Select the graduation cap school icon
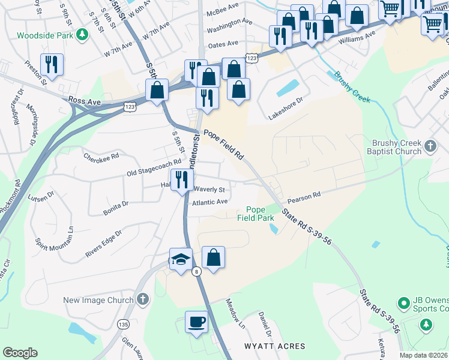coord(181,259)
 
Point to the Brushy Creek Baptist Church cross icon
coord(430,146)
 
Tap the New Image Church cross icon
coord(143,298)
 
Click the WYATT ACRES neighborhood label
coord(275,346)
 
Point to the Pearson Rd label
coord(304,196)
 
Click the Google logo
coord(20,353)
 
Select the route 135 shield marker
coord(123,325)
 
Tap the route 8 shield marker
coord(196,272)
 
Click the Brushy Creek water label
coord(352,87)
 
